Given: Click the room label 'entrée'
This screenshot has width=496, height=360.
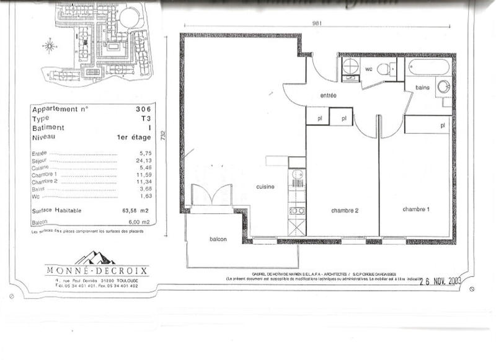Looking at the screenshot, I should coord(328,96).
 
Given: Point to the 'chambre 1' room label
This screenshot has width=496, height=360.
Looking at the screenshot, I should coord(415,209).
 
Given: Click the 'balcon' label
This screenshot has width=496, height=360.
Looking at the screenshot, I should coord(218,240).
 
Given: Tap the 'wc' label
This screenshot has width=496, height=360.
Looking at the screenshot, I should coord(368,68).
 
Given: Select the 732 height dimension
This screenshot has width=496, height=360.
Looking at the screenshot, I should coord(163,134).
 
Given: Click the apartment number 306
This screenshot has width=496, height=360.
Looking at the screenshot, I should coord(142,108).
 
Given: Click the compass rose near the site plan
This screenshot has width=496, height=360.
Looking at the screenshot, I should coord(50,45).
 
